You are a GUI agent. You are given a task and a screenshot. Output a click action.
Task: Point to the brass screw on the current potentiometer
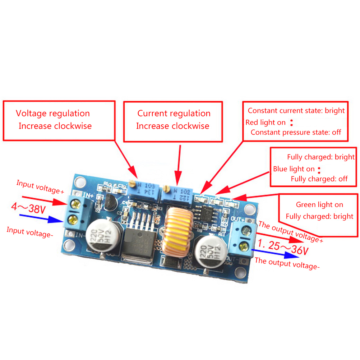pos(166,188)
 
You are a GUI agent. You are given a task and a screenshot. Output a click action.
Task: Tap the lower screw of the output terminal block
pos(245,246)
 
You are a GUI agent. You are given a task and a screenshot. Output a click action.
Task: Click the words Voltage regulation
pos(53,114)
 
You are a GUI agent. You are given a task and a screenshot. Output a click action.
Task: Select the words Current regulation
pos(174,114)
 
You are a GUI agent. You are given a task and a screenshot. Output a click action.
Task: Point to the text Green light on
pos(319,205)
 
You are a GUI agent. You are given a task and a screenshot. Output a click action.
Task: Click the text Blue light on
pos(294,169)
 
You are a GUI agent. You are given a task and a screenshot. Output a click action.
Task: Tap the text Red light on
pos(266,123)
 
